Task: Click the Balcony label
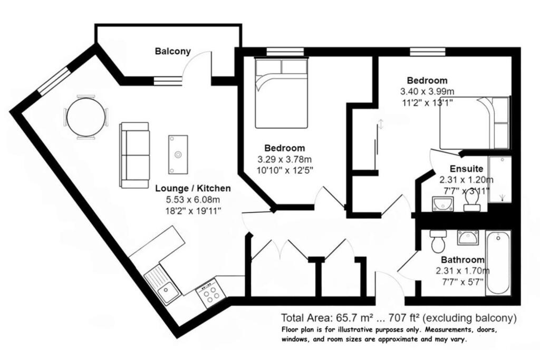pos(172,52)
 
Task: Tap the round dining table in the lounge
pos(85,117)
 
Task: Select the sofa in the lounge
pos(134,155)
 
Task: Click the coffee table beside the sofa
pos(178,154)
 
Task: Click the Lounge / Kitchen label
pos(192,188)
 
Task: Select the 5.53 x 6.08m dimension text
pos(192,200)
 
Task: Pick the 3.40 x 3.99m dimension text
pos(427,92)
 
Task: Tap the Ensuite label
pos(466,169)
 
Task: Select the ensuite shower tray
pos(499,179)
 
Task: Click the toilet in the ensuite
pos(472,200)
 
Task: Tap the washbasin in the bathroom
pos(468,239)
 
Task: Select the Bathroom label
pos(462,260)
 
